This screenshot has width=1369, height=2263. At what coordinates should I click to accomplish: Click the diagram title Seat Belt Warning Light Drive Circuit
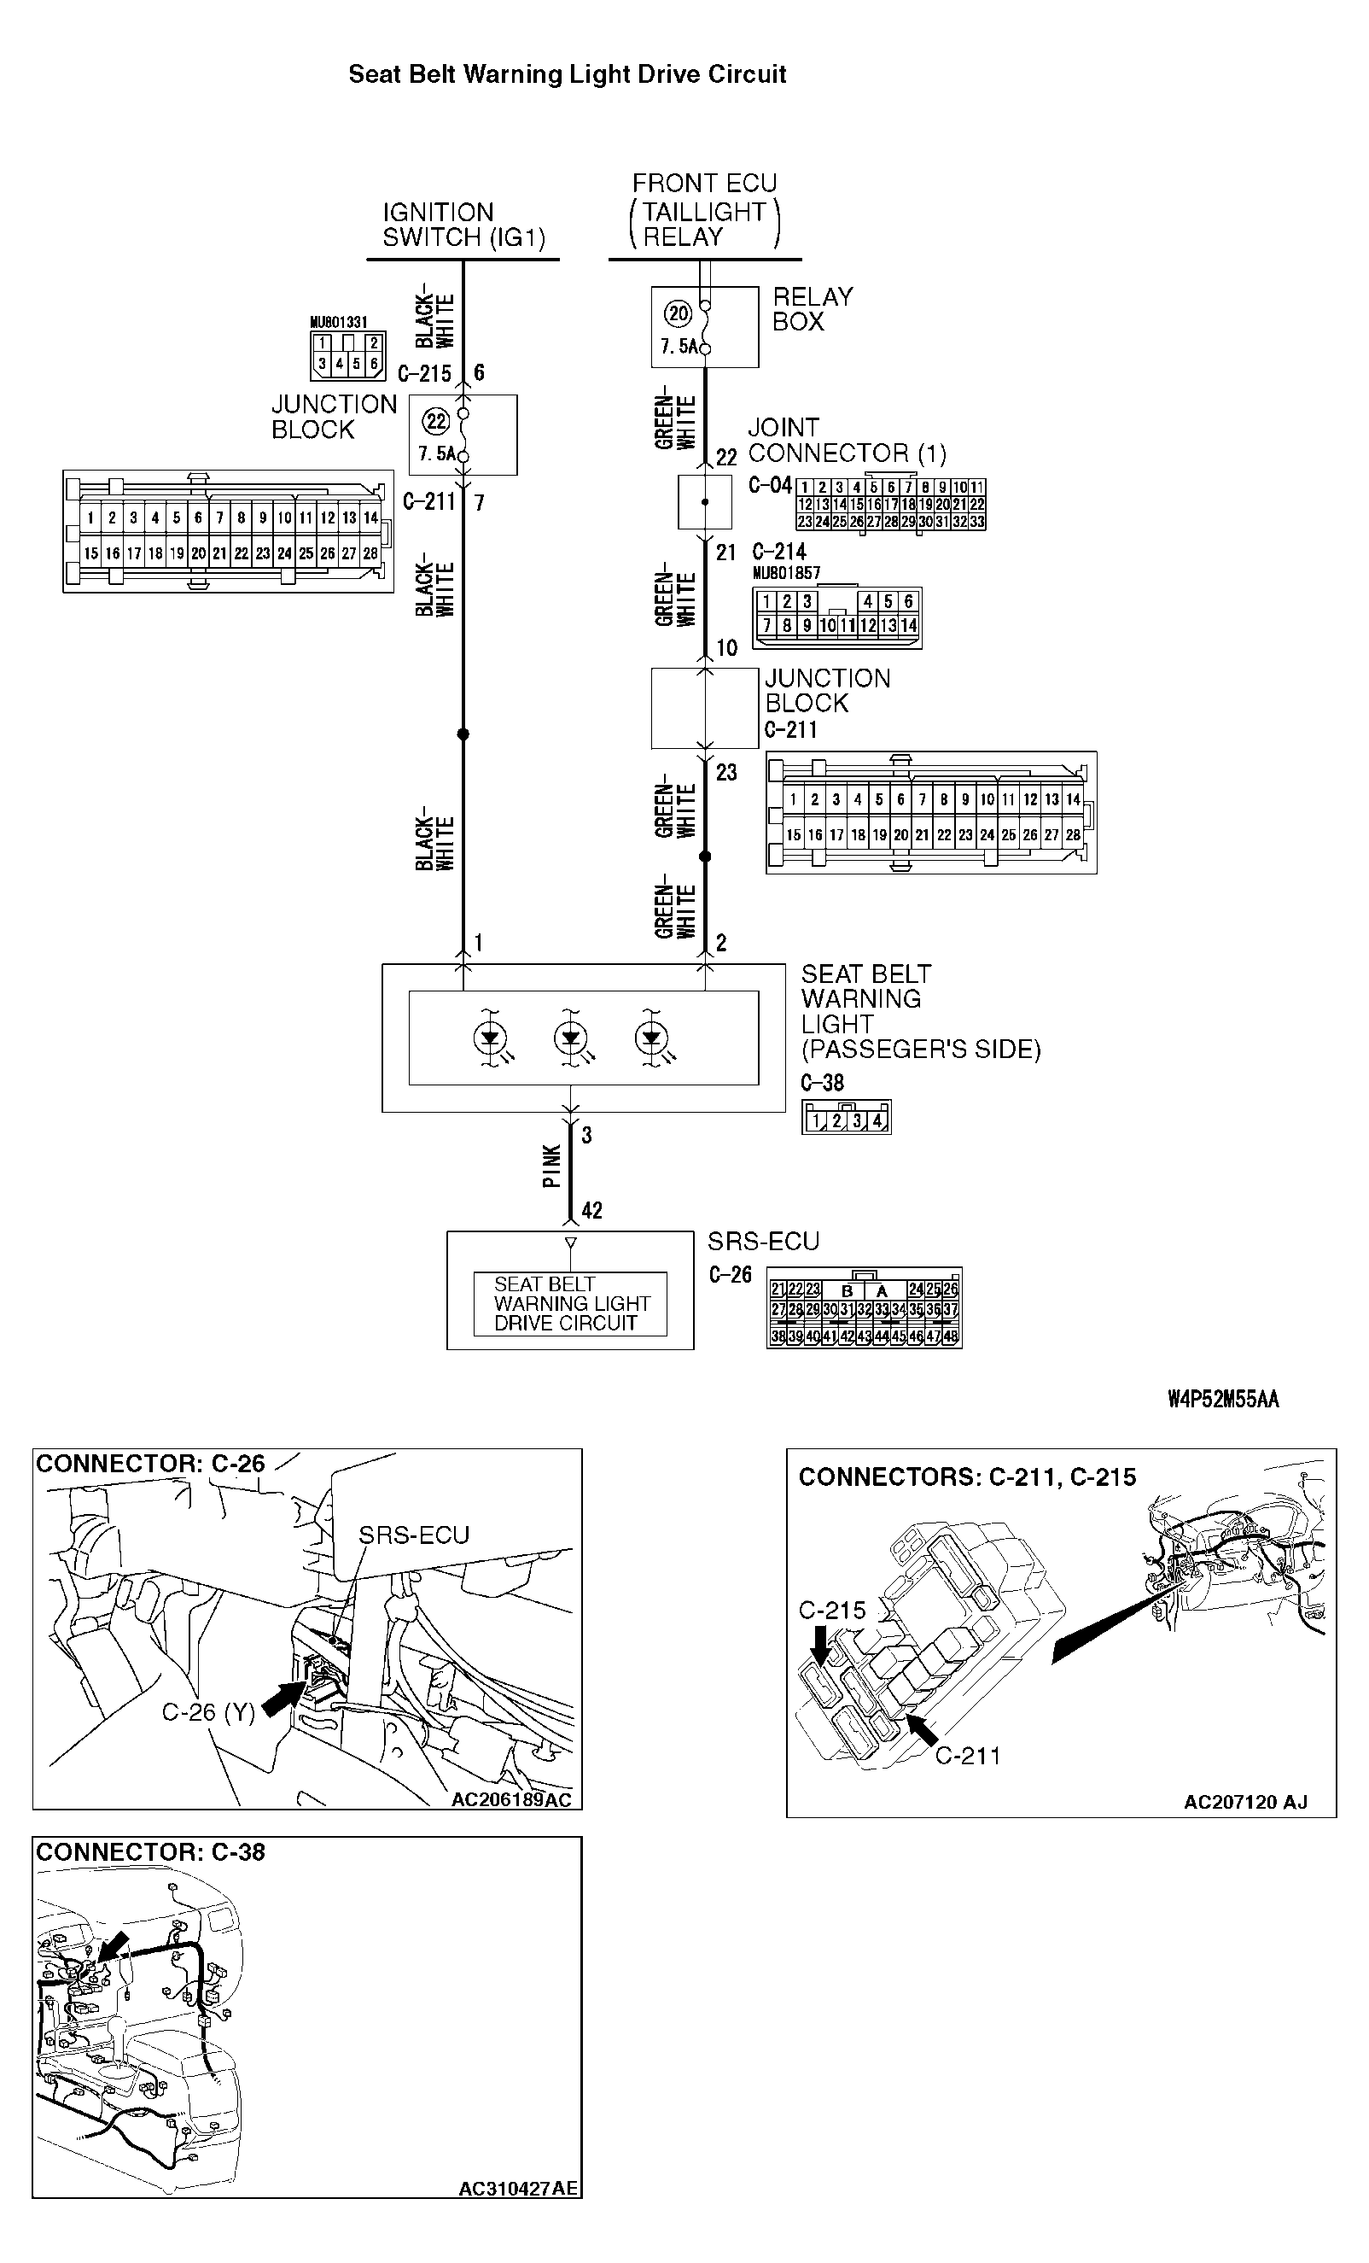pos(567,74)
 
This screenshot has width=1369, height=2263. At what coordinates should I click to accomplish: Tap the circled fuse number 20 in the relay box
pos(679,314)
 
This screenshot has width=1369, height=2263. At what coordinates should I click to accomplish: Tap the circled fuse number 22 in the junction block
pos(435,422)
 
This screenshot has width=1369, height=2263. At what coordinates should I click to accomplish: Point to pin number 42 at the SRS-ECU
pos(592,1210)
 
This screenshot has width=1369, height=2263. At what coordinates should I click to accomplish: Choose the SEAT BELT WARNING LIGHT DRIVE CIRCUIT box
pos(570,1303)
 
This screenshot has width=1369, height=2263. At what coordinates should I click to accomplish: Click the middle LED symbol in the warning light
pos(571,1038)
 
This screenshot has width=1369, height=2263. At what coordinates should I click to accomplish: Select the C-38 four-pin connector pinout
pos(846,1119)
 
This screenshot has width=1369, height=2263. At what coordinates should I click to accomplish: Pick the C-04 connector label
pos(770,486)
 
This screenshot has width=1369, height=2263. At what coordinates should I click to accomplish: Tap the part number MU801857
pos(786,573)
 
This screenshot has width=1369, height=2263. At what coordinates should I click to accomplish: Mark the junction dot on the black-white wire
pos(463,734)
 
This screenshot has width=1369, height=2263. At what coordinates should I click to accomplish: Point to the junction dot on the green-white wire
pos(705,856)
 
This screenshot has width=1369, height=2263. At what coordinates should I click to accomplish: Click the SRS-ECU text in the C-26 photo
pos(413,1535)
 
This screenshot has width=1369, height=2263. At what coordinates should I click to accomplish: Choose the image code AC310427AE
pos(518,2189)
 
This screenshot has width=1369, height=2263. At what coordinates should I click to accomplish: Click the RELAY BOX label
pos(813,309)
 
